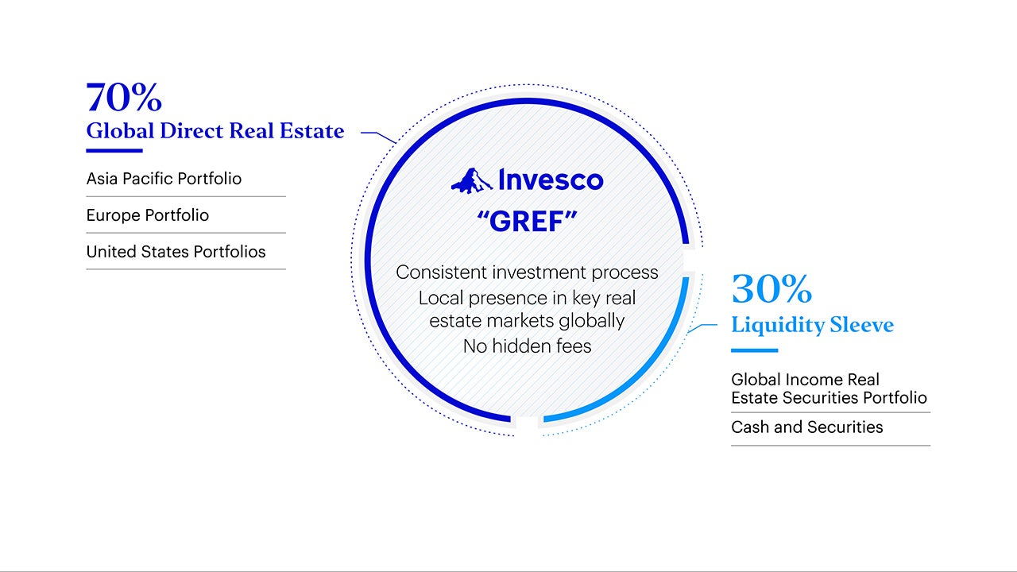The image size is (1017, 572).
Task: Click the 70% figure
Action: tap(124, 97)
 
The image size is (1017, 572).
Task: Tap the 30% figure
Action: tap(771, 288)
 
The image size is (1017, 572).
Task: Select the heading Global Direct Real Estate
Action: tap(215, 131)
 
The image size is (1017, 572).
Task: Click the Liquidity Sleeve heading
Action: tap(812, 326)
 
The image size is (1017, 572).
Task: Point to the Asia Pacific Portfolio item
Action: tap(164, 179)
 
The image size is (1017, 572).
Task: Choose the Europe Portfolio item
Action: tap(148, 215)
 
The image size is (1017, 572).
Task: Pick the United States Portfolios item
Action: tap(176, 252)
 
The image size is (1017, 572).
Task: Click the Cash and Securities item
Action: tap(806, 427)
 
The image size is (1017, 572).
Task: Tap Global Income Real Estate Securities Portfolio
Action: tap(829, 388)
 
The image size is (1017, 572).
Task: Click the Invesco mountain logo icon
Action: tap(471, 181)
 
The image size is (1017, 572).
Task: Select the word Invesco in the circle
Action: tap(551, 180)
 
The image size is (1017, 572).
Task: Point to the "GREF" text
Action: tap(527, 222)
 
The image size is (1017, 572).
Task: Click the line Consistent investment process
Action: tap(527, 272)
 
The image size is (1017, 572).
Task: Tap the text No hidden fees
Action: tap(527, 346)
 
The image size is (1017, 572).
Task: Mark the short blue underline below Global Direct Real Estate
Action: tap(114, 151)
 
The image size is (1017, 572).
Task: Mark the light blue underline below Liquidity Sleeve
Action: tap(755, 350)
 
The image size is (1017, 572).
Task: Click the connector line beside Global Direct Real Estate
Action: tap(379, 136)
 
